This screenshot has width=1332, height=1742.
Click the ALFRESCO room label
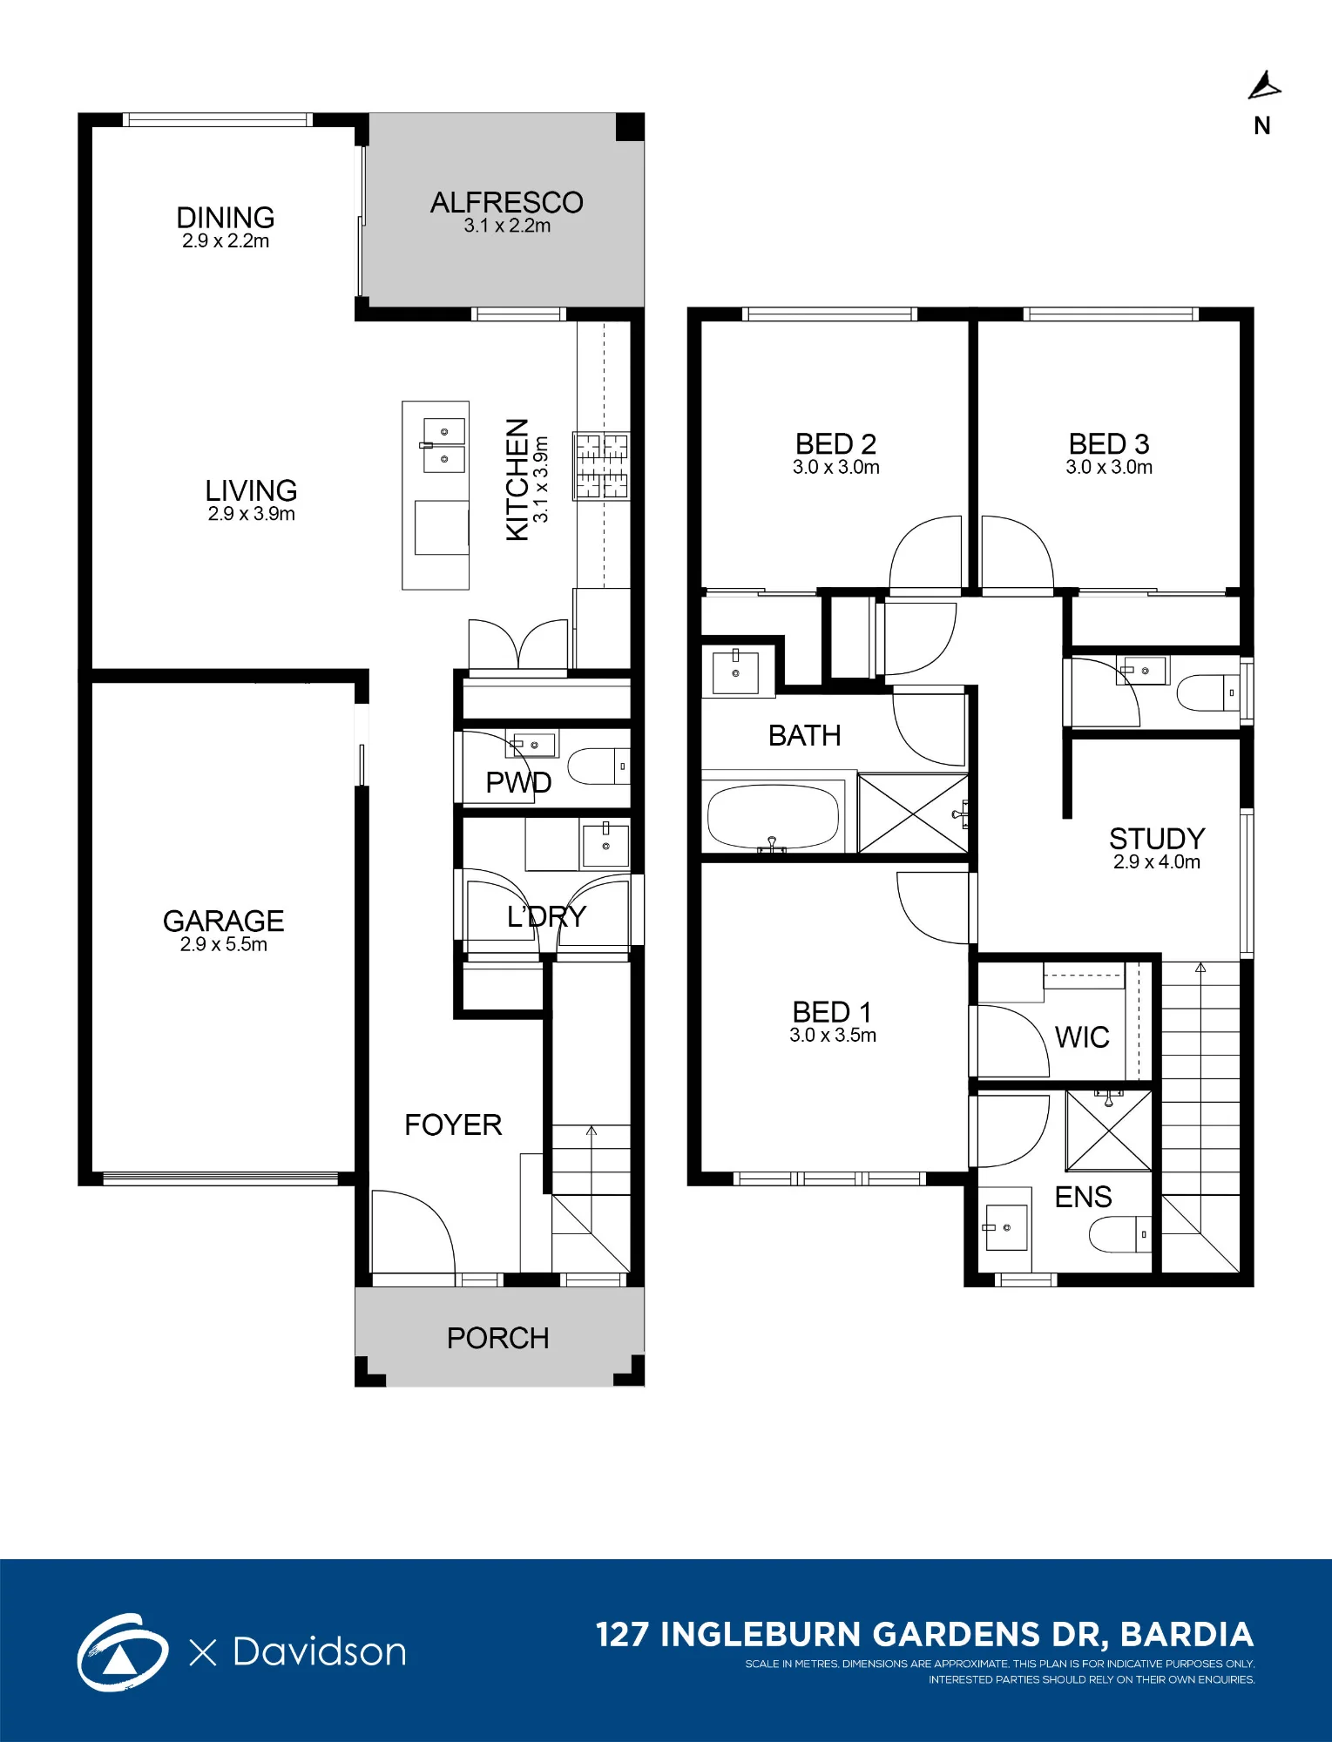tap(507, 202)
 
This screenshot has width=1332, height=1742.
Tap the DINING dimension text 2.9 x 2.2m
tap(226, 241)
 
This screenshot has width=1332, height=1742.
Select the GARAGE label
tap(224, 921)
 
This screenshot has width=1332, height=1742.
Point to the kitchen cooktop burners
tap(601, 465)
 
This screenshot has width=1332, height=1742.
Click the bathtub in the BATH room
tap(774, 817)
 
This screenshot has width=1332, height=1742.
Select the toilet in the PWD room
tap(598, 766)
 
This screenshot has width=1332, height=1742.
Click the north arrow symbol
tap(1264, 86)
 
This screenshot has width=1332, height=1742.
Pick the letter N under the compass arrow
tap(1262, 126)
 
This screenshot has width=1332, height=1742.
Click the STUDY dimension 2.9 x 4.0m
tap(1157, 862)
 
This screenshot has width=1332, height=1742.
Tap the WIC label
tap(1082, 1037)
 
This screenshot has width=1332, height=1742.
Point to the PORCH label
tap(498, 1338)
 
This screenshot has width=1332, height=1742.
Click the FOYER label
tap(453, 1124)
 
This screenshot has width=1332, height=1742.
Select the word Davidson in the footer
tap(320, 1651)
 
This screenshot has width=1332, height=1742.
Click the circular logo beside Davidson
tap(123, 1651)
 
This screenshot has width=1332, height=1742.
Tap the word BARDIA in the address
tap(1187, 1635)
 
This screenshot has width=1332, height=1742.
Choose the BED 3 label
tap(1109, 444)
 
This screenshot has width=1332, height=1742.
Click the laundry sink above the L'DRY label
tap(605, 843)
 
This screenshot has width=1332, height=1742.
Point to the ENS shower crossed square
tap(1109, 1131)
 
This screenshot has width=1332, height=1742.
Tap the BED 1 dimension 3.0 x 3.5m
tap(833, 1036)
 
